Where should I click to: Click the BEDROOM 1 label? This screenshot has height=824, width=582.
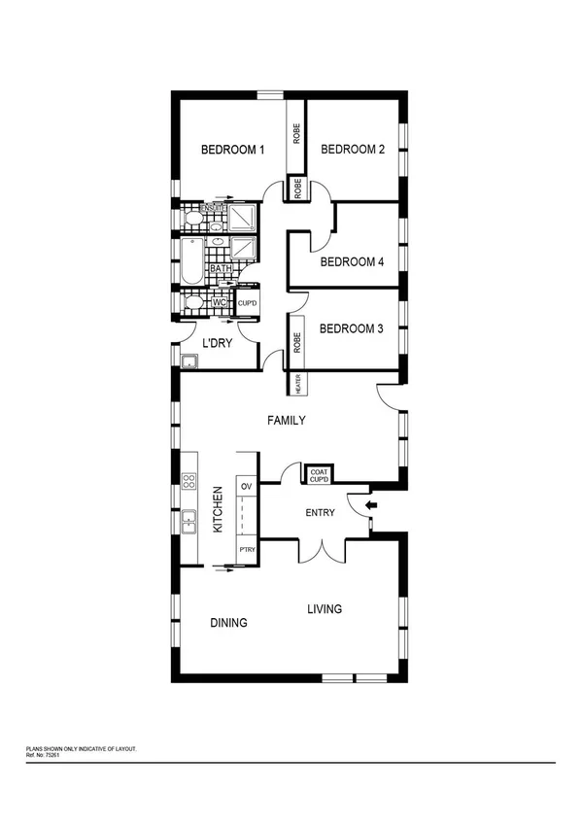coord(232,150)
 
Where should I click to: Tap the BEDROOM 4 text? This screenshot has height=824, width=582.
coord(353,261)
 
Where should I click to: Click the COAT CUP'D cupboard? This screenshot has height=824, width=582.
coord(320,474)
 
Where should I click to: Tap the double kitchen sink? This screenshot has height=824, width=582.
coord(190,522)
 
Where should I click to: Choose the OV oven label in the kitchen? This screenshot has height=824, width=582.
coord(246,485)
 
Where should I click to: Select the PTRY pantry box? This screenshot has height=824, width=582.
coord(247,550)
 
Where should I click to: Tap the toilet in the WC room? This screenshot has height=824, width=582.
coord(193,303)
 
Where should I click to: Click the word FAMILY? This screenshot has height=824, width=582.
coord(287,421)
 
